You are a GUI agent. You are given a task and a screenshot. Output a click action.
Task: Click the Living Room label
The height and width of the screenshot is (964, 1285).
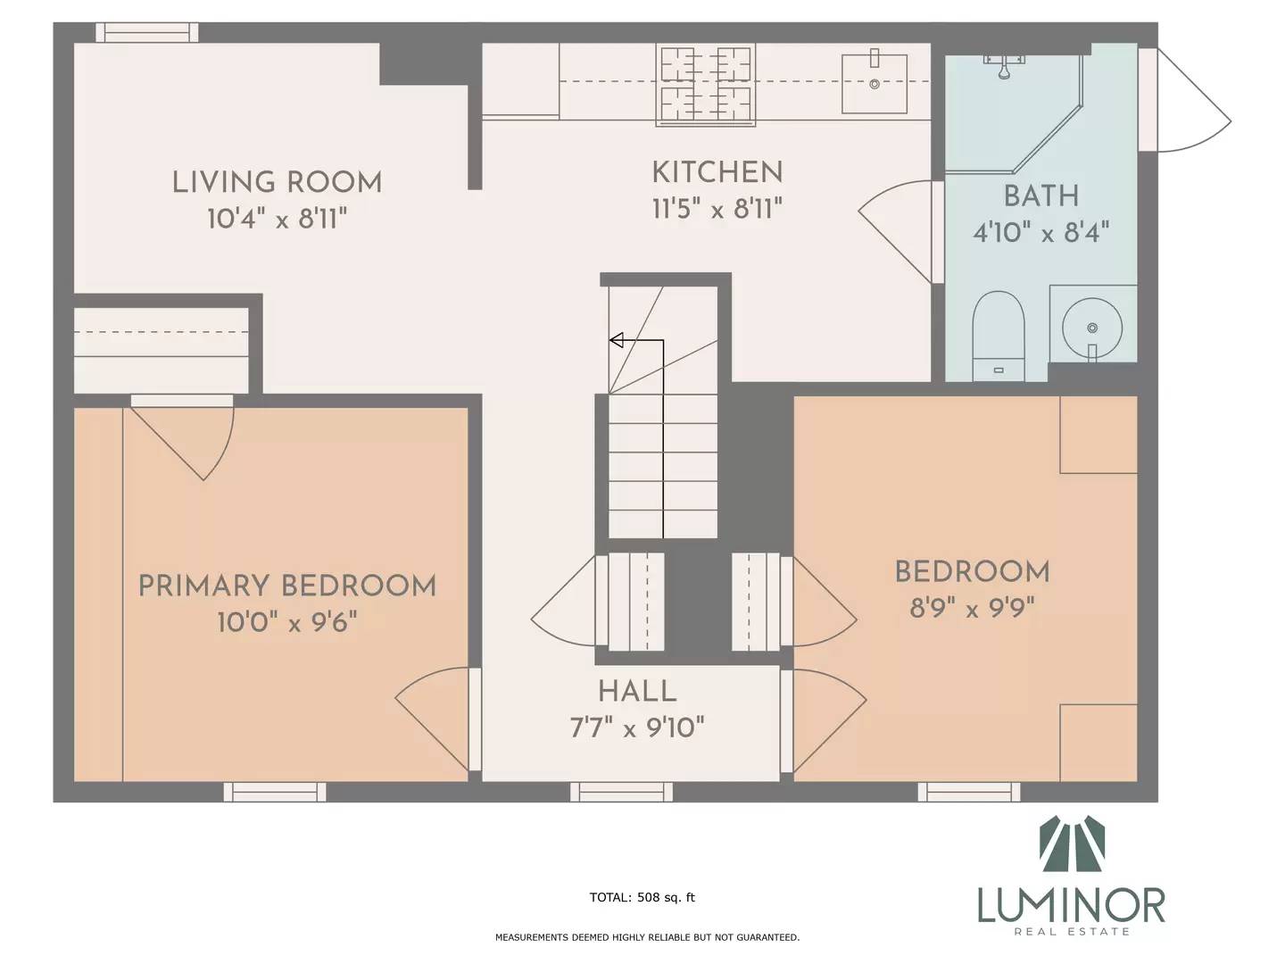(277, 183)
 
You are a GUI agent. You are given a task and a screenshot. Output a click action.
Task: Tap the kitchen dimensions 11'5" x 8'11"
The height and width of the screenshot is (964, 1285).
(717, 209)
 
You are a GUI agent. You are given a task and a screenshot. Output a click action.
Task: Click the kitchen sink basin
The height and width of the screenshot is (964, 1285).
(874, 84)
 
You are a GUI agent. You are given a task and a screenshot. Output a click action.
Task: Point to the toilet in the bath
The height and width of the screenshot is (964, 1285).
(999, 336)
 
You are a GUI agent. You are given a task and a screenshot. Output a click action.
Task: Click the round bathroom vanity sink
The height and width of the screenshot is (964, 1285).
(1092, 327)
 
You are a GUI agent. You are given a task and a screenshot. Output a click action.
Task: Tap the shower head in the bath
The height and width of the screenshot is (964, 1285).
(1004, 65)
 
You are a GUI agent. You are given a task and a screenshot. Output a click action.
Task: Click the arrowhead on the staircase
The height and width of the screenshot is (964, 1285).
(616, 340)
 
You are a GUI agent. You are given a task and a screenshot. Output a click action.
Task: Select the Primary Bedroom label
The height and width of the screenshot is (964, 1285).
(286, 586)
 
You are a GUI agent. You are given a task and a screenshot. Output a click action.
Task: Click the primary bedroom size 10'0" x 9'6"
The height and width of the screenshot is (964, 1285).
(286, 622)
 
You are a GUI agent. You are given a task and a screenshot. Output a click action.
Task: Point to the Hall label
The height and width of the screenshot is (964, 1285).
(637, 692)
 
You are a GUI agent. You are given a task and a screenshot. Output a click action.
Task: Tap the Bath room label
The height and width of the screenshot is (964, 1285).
(1040, 196)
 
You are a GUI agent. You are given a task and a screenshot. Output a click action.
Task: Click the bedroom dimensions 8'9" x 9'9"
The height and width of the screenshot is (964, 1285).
(972, 609)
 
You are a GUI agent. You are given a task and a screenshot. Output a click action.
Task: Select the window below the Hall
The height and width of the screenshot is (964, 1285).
(621, 792)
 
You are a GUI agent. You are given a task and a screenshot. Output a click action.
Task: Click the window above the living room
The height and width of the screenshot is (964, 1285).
(146, 32)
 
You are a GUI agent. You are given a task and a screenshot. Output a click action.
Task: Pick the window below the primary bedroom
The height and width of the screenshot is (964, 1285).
(275, 792)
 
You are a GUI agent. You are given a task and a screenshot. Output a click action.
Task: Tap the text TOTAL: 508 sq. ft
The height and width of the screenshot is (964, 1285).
(642, 897)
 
